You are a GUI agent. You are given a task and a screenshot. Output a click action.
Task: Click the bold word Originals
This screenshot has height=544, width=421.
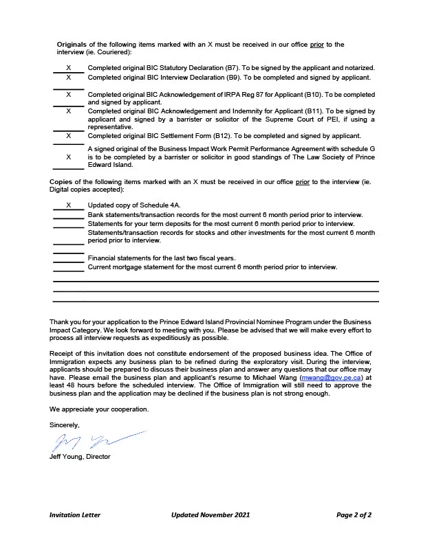click(71, 45)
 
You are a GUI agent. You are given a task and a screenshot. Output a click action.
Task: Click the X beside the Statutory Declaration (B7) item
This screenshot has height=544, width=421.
click(68, 68)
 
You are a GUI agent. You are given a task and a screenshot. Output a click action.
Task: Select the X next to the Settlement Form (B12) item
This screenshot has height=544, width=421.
click(68, 136)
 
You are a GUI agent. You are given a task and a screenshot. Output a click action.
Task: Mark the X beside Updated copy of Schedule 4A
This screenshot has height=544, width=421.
click(68, 205)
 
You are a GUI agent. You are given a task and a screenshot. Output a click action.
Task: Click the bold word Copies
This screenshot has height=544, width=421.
click(61, 181)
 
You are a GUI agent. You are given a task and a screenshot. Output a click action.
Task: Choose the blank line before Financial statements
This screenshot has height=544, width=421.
click(68, 260)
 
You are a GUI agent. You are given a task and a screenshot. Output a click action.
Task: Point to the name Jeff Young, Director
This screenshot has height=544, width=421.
click(80, 456)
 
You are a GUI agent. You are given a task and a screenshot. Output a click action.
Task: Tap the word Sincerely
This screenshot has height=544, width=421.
click(65, 425)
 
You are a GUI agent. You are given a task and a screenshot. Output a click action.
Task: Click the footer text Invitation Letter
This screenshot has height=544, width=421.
click(74, 514)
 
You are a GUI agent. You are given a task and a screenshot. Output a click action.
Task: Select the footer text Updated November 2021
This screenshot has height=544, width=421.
click(210, 514)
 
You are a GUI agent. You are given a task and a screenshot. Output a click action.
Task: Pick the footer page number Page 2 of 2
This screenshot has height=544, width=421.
click(354, 514)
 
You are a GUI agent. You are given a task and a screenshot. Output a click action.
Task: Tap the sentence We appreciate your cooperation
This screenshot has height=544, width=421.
click(98, 409)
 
